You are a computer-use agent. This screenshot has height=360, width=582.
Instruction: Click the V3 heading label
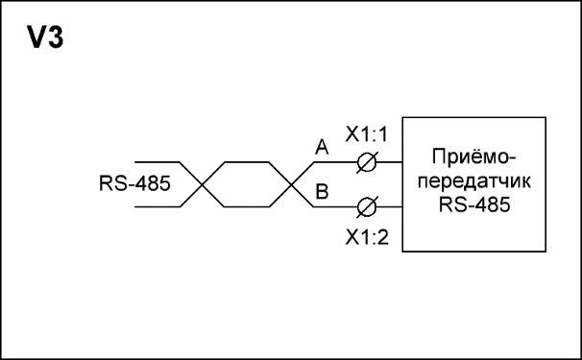click(x=45, y=37)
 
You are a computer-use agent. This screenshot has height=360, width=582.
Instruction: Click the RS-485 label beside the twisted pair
click(x=134, y=183)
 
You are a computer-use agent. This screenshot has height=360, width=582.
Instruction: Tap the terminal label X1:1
click(x=366, y=134)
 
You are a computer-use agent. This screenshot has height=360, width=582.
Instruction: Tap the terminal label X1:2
click(x=367, y=237)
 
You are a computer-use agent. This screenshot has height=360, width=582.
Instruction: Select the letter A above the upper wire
click(x=322, y=147)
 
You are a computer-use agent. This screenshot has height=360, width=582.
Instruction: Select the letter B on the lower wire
click(x=322, y=192)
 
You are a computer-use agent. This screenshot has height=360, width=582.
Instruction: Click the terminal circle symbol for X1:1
click(x=367, y=162)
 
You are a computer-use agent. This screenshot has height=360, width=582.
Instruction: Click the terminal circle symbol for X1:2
click(x=367, y=206)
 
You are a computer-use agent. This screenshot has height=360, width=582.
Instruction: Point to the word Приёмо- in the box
click(x=474, y=156)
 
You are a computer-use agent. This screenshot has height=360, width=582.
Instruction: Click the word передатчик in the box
click(x=474, y=181)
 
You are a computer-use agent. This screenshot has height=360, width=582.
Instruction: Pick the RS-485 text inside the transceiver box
click(x=474, y=204)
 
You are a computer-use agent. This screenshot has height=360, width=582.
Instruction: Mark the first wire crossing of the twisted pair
click(x=202, y=184)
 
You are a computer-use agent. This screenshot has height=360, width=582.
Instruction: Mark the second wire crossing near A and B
click(x=291, y=184)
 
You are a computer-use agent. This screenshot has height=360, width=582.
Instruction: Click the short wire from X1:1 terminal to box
click(x=389, y=162)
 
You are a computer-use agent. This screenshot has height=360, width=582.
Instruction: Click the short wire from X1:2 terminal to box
click(x=389, y=206)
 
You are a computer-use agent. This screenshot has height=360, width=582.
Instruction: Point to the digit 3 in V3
click(x=56, y=37)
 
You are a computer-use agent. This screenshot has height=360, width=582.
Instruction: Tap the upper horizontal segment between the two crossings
click(x=247, y=162)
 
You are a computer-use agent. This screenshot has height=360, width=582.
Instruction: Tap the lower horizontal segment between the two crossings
click(x=247, y=206)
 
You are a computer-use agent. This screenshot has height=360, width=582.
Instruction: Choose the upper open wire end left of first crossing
click(x=135, y=162)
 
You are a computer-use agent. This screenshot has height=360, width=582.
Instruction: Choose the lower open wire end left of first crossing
click(x=135, y=206)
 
